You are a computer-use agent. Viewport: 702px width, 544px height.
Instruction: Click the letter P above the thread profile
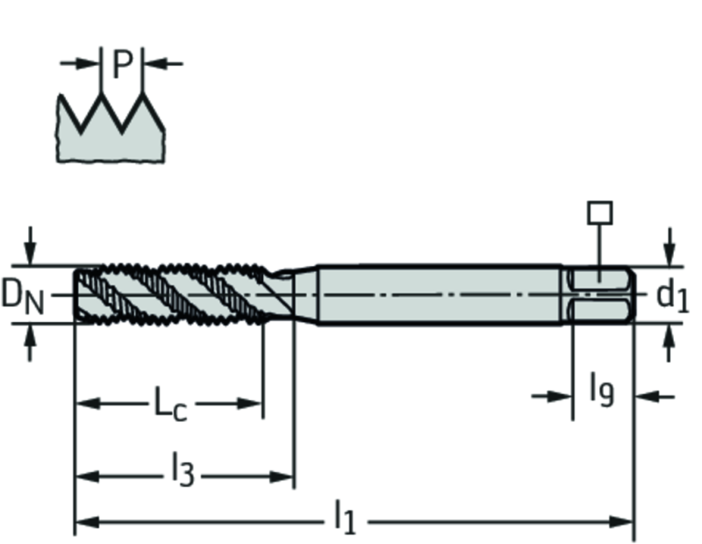(122, 64)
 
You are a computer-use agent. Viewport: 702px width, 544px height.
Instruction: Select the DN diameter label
(23, 297)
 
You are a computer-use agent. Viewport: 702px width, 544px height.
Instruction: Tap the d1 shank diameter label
(672, 297)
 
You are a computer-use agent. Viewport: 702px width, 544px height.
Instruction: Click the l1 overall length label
(345, 518)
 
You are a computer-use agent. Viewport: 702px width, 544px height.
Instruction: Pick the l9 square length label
(602, 392)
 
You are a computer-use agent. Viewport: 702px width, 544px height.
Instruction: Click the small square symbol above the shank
(600, 212)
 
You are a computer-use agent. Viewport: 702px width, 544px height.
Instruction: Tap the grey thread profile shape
(111, 134)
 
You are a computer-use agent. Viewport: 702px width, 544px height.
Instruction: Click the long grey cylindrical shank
(440, 295)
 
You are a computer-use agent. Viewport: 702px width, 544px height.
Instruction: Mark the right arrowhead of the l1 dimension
(621, 522)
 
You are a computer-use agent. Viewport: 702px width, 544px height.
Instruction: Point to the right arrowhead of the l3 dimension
(282, 476)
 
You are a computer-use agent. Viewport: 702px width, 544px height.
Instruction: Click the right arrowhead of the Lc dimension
(249, 404)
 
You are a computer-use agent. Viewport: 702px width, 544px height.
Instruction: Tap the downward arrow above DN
(30, 246)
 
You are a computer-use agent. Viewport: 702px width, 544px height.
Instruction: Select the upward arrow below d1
(670, 343)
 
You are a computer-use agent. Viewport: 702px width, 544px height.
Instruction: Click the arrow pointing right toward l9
(552, 397)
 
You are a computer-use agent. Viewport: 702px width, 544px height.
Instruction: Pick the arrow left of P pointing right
(80, 63)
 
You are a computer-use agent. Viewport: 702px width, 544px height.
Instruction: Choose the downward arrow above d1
(670, 247)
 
